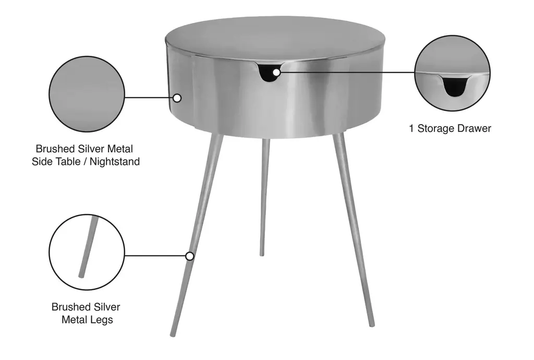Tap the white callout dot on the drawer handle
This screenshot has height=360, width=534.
276,73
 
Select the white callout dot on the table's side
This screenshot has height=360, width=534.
177,98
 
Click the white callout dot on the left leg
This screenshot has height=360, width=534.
190,256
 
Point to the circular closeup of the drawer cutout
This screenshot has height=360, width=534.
452,73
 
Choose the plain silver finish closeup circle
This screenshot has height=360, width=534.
87,94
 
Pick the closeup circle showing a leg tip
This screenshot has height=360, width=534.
87,253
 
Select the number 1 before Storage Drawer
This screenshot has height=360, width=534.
412,128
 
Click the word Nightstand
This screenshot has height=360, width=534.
115,161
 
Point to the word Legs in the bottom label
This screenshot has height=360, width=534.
101,320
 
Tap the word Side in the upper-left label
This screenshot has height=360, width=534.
42,161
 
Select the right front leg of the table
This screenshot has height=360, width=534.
354,230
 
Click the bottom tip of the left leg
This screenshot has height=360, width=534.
172,335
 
